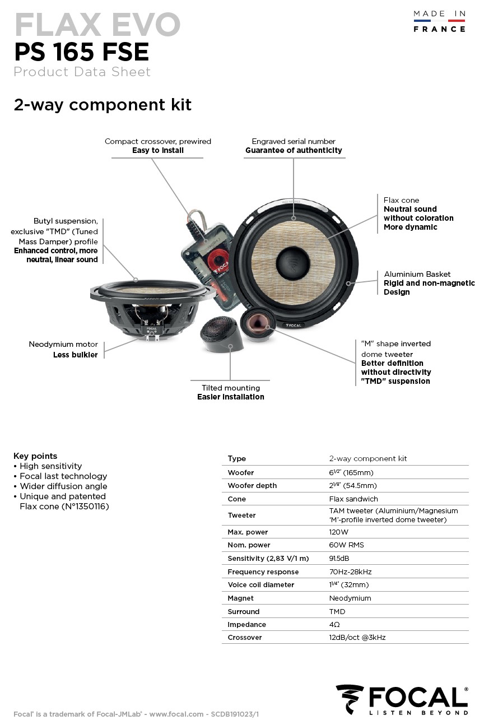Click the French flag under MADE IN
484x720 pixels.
(x=439, y=21)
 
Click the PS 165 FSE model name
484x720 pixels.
(x=81, y=52)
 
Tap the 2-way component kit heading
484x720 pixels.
(x=103, y=105)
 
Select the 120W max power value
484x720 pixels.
(x=338, y=532)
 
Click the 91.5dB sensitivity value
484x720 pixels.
(x=339, y=558)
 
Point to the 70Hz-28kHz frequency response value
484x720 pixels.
(x=350, y=572)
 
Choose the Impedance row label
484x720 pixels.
(x=246, y=624)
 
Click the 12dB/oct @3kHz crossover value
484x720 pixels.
(x=357, y=638)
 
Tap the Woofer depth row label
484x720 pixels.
(x=252, y=485)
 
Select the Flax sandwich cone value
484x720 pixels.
(x=353, y=499)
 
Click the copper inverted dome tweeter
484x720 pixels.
(x=258, y=324)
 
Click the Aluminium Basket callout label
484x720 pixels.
(x=417, y=274)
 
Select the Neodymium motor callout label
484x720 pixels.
(x=63, y=344)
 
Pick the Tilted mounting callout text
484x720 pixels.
(x=231, y=388)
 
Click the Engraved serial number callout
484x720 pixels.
(x=294, y=141)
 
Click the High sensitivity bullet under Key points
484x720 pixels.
(x=50, y=466)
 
